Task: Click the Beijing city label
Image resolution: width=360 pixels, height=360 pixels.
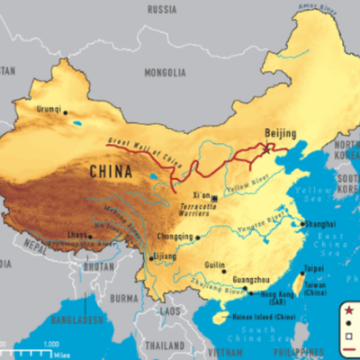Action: coord(280,133)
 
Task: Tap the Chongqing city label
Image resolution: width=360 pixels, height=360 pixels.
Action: coord(175,238)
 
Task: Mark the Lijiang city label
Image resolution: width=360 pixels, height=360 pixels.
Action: coord(165,256)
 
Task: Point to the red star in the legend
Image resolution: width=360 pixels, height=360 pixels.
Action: coord(348,310)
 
